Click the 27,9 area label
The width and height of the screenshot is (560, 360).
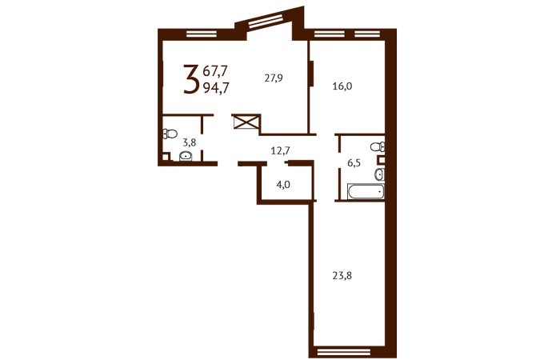(274, 78)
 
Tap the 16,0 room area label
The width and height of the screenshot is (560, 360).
(342, 86)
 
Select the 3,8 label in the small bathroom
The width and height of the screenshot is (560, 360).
(190, 143)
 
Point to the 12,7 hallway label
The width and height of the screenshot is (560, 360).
(280, 150)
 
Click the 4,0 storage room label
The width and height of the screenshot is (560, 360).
(283, 185)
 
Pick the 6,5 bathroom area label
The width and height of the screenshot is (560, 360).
(354, 163)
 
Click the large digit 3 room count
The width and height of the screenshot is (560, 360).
(191, 79)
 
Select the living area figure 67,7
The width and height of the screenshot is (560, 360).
(215, 71)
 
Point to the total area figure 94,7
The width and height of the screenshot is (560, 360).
(216, 87)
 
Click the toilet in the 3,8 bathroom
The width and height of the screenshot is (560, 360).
(170, 134)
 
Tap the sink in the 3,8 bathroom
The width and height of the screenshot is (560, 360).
(186, 156)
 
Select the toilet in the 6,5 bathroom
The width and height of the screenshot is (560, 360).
(378, 146)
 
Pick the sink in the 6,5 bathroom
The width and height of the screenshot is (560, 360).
(379, 174)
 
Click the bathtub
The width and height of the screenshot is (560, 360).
(366, 191)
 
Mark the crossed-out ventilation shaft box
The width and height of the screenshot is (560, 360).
(246, 122)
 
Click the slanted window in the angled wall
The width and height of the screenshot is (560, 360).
(266, 21)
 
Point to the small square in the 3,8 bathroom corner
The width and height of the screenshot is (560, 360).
(166, 157)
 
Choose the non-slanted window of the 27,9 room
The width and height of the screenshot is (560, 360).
(202, 34)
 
